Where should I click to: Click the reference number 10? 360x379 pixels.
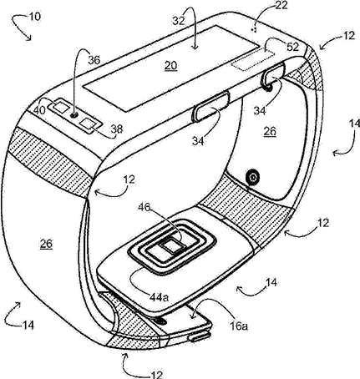pos(35,17)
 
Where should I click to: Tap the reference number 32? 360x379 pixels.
pos(179,21)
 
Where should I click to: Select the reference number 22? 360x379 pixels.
pos(281,5)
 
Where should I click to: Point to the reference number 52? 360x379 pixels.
pos(292,47)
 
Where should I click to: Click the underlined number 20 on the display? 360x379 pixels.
pos(170,66)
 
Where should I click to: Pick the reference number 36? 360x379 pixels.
pos(94,60)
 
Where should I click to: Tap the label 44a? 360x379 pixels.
pos(159,297)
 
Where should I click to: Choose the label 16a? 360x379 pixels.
pos(239,326)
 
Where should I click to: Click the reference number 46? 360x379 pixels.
pos(145,207)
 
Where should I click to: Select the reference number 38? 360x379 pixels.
pos(117,129)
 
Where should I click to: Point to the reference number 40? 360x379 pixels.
pos(39,110)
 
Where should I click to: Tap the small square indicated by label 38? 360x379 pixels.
pos(88,124)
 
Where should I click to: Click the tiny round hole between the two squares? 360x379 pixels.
pos(74,115)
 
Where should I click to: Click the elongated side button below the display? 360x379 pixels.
pos(210,107)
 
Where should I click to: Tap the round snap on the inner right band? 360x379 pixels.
pos(253,176)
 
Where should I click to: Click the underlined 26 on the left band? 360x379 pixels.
pos(46,244)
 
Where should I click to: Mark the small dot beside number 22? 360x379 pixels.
pos(253,30)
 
